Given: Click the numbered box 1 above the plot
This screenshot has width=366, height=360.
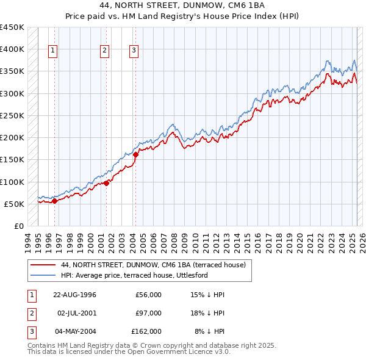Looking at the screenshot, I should pos(54,51).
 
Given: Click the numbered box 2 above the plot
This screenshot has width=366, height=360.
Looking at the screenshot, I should pos(105,51).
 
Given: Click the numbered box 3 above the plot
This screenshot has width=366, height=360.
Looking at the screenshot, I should pos(134,51).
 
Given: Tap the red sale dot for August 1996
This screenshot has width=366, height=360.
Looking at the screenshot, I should pos(54,201).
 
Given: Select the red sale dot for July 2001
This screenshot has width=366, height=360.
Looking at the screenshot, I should pos(106,182).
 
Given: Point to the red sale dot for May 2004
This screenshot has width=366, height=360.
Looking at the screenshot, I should pos(135,154).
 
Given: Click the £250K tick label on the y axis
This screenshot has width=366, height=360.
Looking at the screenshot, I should pos(12,115).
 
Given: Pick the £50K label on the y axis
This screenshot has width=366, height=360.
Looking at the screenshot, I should pos(14,204).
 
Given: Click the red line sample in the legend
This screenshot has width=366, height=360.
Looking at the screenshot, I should pos(43,265).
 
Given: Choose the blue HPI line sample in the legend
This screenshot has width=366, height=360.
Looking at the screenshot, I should pos(43,275).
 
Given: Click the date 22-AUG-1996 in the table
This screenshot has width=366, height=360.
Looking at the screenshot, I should pos(74,295).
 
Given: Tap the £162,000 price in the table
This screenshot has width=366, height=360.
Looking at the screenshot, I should pos(146,331).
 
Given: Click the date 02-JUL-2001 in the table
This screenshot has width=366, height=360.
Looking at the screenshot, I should pos(74,313).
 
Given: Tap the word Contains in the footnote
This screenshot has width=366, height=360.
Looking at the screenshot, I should pos(43,345).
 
